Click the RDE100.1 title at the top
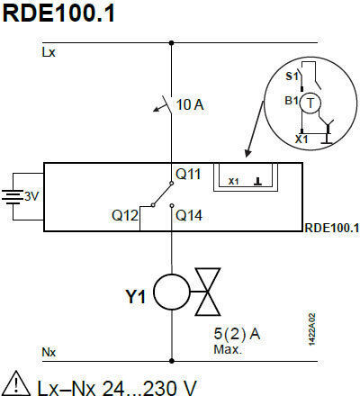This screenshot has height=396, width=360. click(58, 13)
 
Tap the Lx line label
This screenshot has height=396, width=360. click(49, 52)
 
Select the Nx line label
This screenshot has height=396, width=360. click(49, 352)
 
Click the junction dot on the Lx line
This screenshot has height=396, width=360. click(171, 43)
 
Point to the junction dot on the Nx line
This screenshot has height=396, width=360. click(172, 361)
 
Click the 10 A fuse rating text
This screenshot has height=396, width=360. click(190, 104)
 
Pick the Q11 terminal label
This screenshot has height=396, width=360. click(188, 174)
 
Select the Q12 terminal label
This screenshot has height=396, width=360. click(125, 215)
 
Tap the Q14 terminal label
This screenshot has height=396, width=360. click(189, 215)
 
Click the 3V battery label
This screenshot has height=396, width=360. click(31, 196)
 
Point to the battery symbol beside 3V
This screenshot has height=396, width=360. click(13, 197)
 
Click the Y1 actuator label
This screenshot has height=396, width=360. click(136, 297)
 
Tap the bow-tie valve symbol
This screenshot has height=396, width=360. click(208, 292)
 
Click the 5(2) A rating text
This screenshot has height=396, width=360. click(237, 334)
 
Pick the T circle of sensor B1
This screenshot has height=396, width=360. click(310, 94)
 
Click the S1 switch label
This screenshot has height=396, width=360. click(292, 76)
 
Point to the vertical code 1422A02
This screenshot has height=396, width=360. click(312, 329)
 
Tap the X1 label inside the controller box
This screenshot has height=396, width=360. click(233, 182)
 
